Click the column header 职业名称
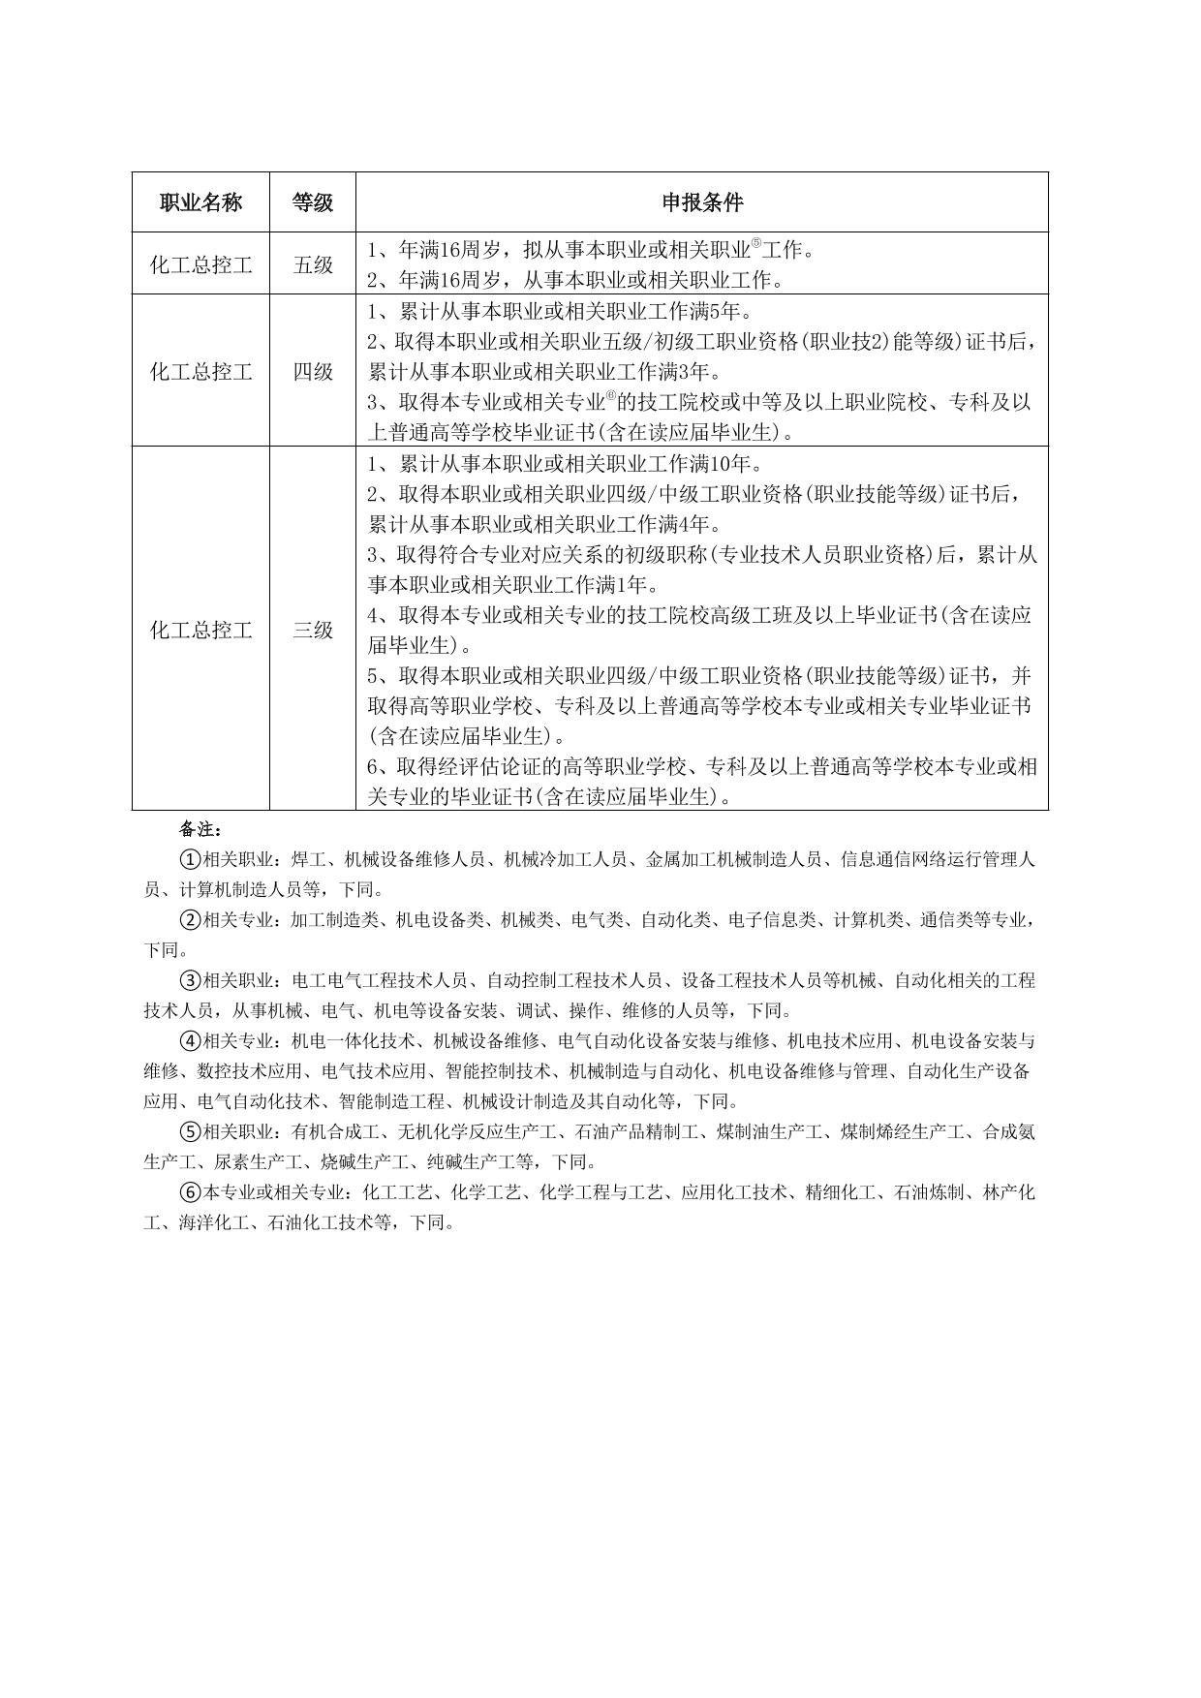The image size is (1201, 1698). coord(200,202)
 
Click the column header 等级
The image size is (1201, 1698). coord(313,202)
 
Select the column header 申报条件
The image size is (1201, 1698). coord(702,202)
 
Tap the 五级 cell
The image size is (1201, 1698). coord(313,264)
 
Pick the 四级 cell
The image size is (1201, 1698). coord(313,371)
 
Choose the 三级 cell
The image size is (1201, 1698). coord(313,631)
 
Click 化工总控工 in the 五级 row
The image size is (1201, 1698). coord(200,264)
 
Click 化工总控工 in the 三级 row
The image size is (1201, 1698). coord(200,631)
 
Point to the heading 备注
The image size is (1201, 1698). coord(201,830)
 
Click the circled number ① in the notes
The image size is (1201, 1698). coord(191,859)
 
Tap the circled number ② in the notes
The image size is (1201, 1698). coord(191,920)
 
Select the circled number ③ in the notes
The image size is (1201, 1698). coord(191,980)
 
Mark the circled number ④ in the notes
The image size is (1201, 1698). coord(191,1041)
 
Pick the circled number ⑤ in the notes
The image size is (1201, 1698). coord(191,1131)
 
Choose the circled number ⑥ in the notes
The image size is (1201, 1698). coord(191,1192)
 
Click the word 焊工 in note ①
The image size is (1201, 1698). coord(307,859)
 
